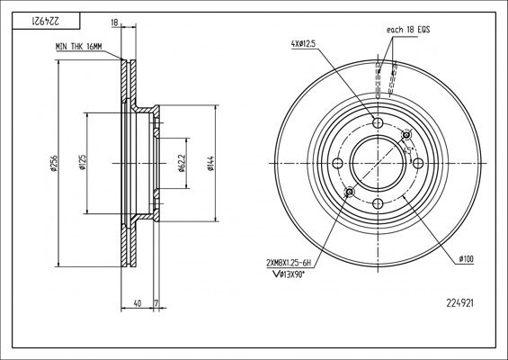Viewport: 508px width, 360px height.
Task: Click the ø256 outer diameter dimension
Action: tap(55, 163)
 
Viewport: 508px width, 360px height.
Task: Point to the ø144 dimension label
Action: tap(209, 163)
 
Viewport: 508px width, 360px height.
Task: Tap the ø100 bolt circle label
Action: tap(467, 258)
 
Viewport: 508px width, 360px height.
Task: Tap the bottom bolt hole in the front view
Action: tap(378, 202)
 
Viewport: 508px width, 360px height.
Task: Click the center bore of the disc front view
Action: tap(378, 163)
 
